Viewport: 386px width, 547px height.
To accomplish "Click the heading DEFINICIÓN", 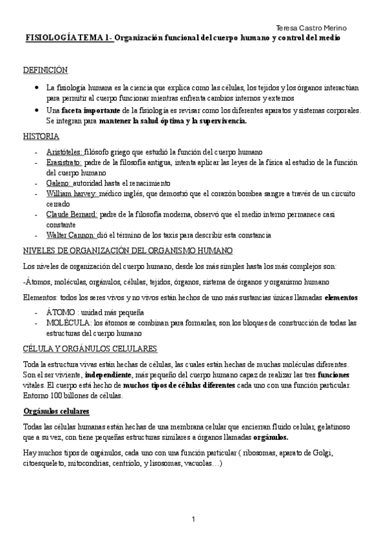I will tap(45, 70).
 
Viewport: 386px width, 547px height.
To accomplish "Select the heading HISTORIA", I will tap(41, 136).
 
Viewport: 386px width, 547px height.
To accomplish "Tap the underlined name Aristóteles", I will tap(64, 151).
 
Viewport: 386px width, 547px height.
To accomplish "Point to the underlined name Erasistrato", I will tap(63, 163).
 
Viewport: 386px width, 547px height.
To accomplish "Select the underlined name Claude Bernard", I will tap(72, 214).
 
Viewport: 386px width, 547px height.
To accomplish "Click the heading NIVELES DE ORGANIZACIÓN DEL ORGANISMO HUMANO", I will tap(128, 250).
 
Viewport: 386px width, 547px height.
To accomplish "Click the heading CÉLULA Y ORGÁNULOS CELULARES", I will tap(90, 348).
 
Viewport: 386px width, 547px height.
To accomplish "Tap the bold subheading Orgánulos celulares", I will tap(55, 410).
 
